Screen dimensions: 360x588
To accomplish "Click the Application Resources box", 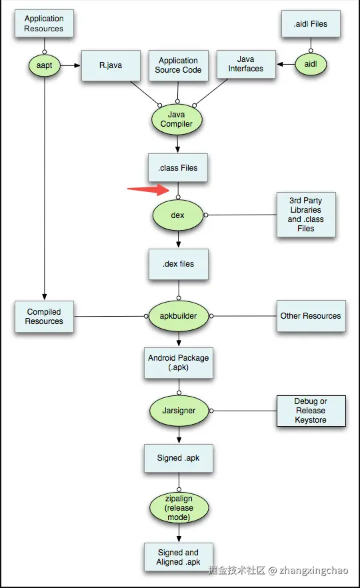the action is tap(44, 23).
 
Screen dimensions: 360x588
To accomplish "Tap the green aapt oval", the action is tap(44, 65).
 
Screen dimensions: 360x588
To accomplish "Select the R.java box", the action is tap(111, 65).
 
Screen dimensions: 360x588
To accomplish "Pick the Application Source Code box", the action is tap(178, 65).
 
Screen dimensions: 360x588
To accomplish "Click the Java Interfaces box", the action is tap(246, 64).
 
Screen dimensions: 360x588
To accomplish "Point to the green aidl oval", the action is tap(311, 64).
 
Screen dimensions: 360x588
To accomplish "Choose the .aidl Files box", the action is tap(311, 23).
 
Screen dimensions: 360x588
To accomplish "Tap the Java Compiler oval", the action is tap(177, 119).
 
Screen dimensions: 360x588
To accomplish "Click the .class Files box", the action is tap(178, 167).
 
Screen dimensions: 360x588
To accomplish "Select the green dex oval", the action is tap(178, 215).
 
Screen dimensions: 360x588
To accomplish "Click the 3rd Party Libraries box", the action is tap(306, 215).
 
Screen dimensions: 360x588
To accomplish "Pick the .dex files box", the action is tap(179, 264).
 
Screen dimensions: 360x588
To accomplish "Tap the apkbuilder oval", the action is tap(179, 316).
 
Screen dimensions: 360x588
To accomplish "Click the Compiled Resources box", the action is tap(44, 317).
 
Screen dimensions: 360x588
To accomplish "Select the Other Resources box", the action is tap(311, 316).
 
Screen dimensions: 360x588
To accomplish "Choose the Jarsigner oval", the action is tap(179, 411).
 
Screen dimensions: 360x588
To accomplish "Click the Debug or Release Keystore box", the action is tap(311, 411).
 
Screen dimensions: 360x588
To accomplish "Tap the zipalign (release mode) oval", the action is tap(179, 508).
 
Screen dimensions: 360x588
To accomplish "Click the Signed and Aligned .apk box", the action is tap(179, 557).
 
